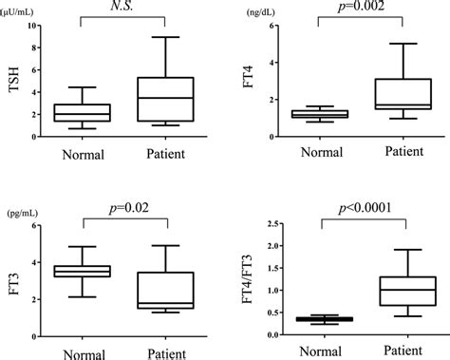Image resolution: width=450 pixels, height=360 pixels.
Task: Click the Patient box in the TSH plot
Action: pyautogui.click(x=164, y=99)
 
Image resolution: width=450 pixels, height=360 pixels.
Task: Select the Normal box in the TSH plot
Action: pyautogui.click(x=83, y=112)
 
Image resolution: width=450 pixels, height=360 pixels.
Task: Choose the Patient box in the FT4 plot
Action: pyautogui.click(x=403, y=94)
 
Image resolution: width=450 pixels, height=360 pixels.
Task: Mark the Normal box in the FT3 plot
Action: pyautogui.click(x=83, y=271)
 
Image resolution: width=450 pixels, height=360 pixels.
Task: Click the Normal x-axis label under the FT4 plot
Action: pyautogui.click(x=320, y=153)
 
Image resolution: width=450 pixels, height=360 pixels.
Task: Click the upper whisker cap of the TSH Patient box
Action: pyautogui.click(x=164, y=37)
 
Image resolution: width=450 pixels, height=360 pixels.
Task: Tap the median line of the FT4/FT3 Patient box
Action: pyautogui.click(x=403, y=290)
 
